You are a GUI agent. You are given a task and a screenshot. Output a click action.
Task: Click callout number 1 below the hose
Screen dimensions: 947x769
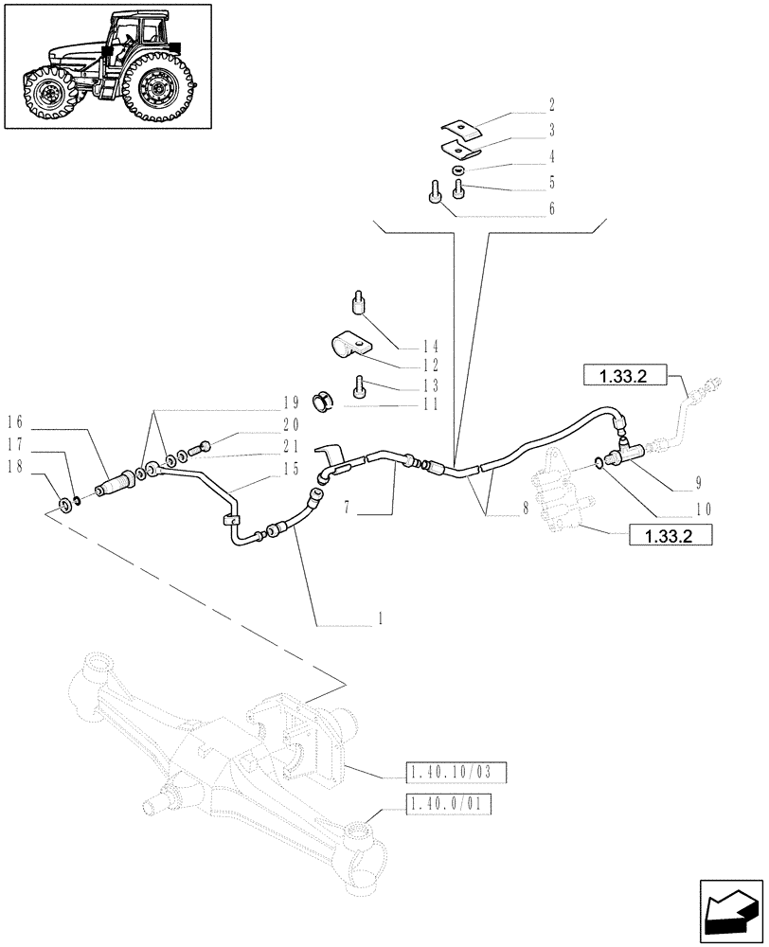pos(380,618)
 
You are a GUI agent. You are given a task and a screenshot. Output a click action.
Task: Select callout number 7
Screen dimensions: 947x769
pos(349,509)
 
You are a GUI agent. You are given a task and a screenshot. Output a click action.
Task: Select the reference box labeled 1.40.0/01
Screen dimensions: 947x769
pos(452,805)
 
